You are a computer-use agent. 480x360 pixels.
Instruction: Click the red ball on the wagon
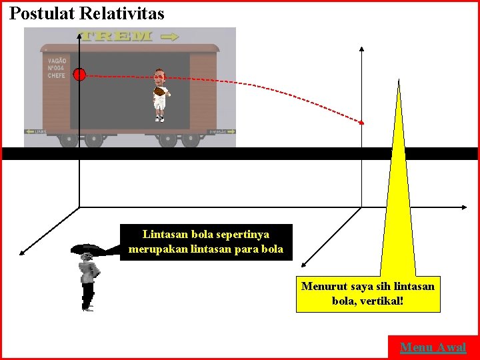coord(79,75)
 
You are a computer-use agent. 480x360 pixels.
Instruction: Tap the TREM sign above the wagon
coord(117,36)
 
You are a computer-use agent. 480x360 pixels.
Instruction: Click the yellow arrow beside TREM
coord(171,36)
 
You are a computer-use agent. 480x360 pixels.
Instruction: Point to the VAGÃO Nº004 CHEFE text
coord(56,69)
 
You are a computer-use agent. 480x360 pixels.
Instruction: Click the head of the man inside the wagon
coord(159,75)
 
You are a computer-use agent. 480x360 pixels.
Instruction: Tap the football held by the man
coord(159,91)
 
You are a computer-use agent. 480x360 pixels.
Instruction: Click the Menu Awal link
coord(433,347)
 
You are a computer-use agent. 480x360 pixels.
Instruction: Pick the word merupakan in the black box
coord(155,249)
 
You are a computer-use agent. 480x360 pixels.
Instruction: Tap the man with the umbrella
coord(87,273)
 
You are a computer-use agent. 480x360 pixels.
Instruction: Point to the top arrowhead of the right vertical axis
coord(361,49)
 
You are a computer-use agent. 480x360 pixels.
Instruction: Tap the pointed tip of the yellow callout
coord(399,82)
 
